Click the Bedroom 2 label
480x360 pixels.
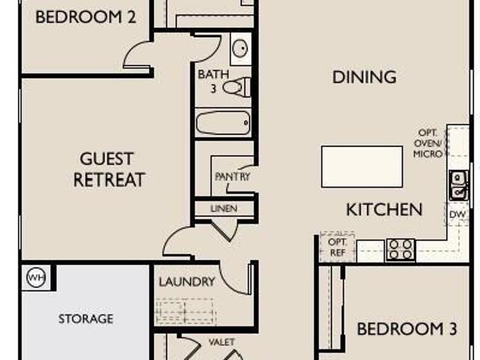coord(85,17)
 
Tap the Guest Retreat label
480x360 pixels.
coord(108,169)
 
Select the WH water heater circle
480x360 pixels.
coord(36,277)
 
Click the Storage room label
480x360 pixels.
coord(85,319)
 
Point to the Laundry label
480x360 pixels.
coord(187,282)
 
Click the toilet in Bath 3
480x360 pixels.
coord(236,87)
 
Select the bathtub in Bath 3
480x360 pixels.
coord(223,123)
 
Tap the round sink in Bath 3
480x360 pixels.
coord(240,48)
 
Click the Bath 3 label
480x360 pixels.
coord(213,81)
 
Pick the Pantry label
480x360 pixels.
coord(232,177)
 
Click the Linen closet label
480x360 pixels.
coord(224,208)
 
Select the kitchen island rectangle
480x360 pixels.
coord(361,166)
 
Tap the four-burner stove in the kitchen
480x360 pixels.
coord(400,249)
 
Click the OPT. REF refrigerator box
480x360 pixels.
coord(337,247)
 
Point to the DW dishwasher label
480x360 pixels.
coord(457,214)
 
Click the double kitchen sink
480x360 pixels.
coord(458,185)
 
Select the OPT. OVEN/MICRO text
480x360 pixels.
coord(427,143)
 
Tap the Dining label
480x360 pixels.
coord(364,76)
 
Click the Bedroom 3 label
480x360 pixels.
coord(407,328)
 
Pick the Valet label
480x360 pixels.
coord(222,342)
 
